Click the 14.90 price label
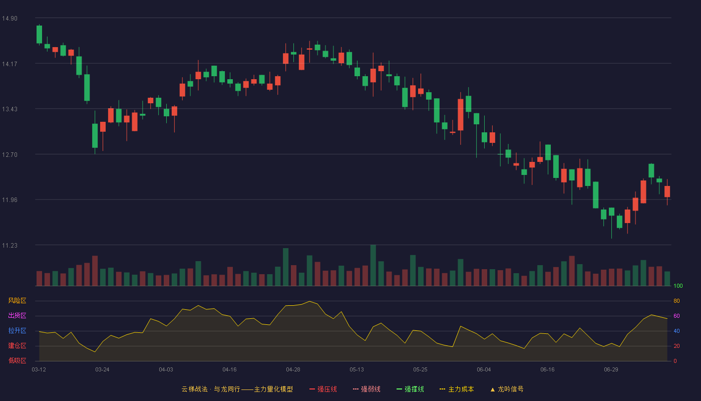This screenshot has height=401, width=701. (10, 19)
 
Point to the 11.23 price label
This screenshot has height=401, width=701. (10, 246)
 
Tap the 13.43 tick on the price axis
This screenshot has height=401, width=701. (10, 109)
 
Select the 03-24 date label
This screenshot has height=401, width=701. (102, 370)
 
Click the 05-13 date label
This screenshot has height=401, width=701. (357, 370)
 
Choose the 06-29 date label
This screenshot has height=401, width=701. (611, 370)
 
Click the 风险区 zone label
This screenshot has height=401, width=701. (17, 301)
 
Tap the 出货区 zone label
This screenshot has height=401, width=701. (17, 315)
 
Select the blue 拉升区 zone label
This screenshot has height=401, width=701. (17, 330)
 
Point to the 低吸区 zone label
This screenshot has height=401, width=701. (17, 360)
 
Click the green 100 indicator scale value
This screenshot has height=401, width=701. (678, 286)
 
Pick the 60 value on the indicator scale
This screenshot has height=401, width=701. (676, 316)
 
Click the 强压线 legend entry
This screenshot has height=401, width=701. (323, 389)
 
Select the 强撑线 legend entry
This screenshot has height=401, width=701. (410, 389)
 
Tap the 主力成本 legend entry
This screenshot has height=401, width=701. (457, 389)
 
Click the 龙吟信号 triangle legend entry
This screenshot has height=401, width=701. (507, 389)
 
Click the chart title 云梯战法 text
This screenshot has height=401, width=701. (195, 389)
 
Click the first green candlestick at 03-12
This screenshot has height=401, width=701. (39, 35)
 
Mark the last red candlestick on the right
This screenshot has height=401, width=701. (667, 191)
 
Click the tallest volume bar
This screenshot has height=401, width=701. (373, 265)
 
